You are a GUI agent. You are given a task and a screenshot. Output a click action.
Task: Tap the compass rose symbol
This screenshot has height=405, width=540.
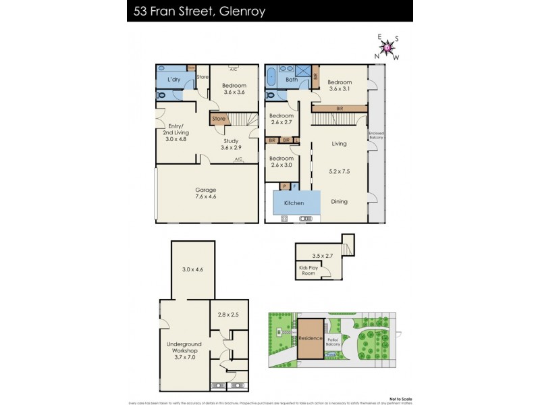387,47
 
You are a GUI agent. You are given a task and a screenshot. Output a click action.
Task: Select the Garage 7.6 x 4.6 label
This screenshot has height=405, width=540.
206,194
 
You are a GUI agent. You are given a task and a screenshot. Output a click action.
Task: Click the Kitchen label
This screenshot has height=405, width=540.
294,203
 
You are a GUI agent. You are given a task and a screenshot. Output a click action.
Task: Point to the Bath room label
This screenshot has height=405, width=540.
292,80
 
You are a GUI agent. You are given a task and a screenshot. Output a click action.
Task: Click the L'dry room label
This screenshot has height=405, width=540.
173,80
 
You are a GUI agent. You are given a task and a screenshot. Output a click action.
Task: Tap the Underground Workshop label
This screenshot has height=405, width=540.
184,351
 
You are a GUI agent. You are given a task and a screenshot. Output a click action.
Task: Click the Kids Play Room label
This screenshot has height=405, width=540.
308,271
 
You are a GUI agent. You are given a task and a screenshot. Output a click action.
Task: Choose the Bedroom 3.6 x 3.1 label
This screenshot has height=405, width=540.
344,86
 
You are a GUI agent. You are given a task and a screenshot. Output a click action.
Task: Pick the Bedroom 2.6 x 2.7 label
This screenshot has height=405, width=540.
281,119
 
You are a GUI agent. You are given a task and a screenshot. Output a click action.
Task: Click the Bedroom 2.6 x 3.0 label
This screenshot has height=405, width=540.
281,161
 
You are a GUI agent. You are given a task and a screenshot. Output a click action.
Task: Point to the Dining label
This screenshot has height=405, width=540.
340,201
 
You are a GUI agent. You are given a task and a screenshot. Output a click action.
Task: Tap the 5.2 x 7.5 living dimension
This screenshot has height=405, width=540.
340,172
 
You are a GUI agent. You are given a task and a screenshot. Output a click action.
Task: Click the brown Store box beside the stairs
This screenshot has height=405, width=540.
219,119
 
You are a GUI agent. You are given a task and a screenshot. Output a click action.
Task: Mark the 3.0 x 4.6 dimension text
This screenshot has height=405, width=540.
192,270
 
